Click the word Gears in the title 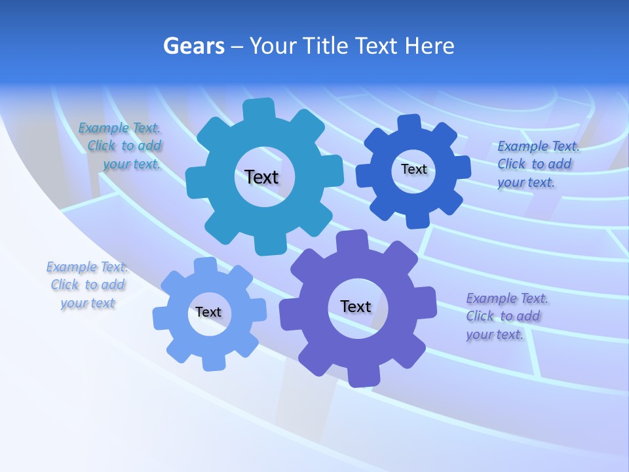pyautogui.click(x=193, y=46)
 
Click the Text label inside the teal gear pyautogui.click(x=261, y=177)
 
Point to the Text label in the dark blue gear pyautogui.click(x=413, y=169)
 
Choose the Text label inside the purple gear pyautogui.click(x=356, y=306)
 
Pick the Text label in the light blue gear pyautogui.click(x=208, y=312)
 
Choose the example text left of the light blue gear pyautogui.click(x=87, y=285)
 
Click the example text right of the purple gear pyautogui.click(x=506, y=316)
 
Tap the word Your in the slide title pyautogui.click(x=271, y=46)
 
